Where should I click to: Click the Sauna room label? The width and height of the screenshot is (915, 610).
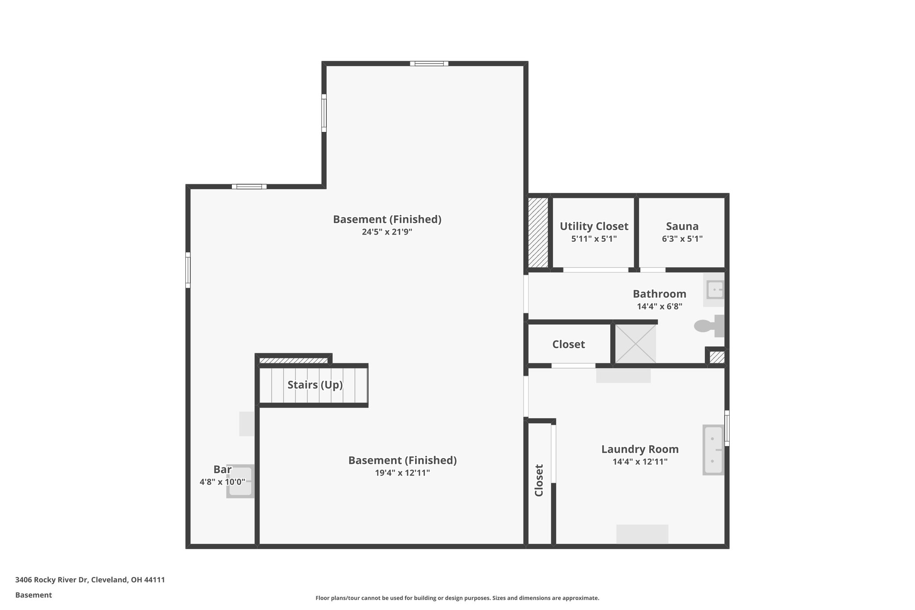click(x=682, y=226)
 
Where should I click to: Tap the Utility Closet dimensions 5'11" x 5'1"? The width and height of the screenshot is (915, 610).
click(x=594, y=239)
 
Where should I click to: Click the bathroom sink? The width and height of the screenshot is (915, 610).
click(x=714, y=290)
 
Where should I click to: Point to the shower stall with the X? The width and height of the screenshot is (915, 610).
click(x=635, y=344)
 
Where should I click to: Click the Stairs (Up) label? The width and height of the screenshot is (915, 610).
click(x=315, y=385)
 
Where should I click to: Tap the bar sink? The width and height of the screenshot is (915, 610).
click(x=240, y=481)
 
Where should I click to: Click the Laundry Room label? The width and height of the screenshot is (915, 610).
click(x=639, y=449)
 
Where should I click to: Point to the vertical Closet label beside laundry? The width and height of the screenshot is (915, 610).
click(x=539, y=480)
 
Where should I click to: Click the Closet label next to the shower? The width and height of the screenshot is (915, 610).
click(x=568, y=344)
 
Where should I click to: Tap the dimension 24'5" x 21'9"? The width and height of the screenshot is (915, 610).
click(x=386, y=232)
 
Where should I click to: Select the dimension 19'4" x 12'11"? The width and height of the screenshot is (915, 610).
click(x=402, y=473)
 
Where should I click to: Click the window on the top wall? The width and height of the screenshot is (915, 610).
click(x=429, y=63)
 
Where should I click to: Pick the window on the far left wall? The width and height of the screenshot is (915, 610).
click(x=188, y=270)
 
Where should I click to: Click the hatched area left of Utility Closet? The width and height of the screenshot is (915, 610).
click(x=538, y=232)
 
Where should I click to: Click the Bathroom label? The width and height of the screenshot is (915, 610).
click(x=659, y=294)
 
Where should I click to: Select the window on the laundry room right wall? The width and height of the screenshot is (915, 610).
click(x=727, y=428)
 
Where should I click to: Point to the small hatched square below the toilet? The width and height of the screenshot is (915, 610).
click(x=717, y=357)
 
